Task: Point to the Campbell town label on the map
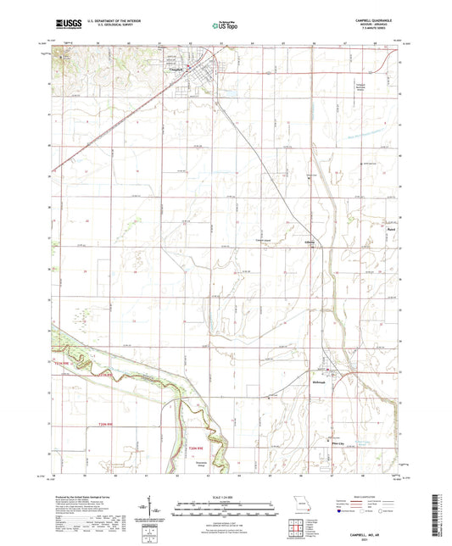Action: click(x=177, y=70)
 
